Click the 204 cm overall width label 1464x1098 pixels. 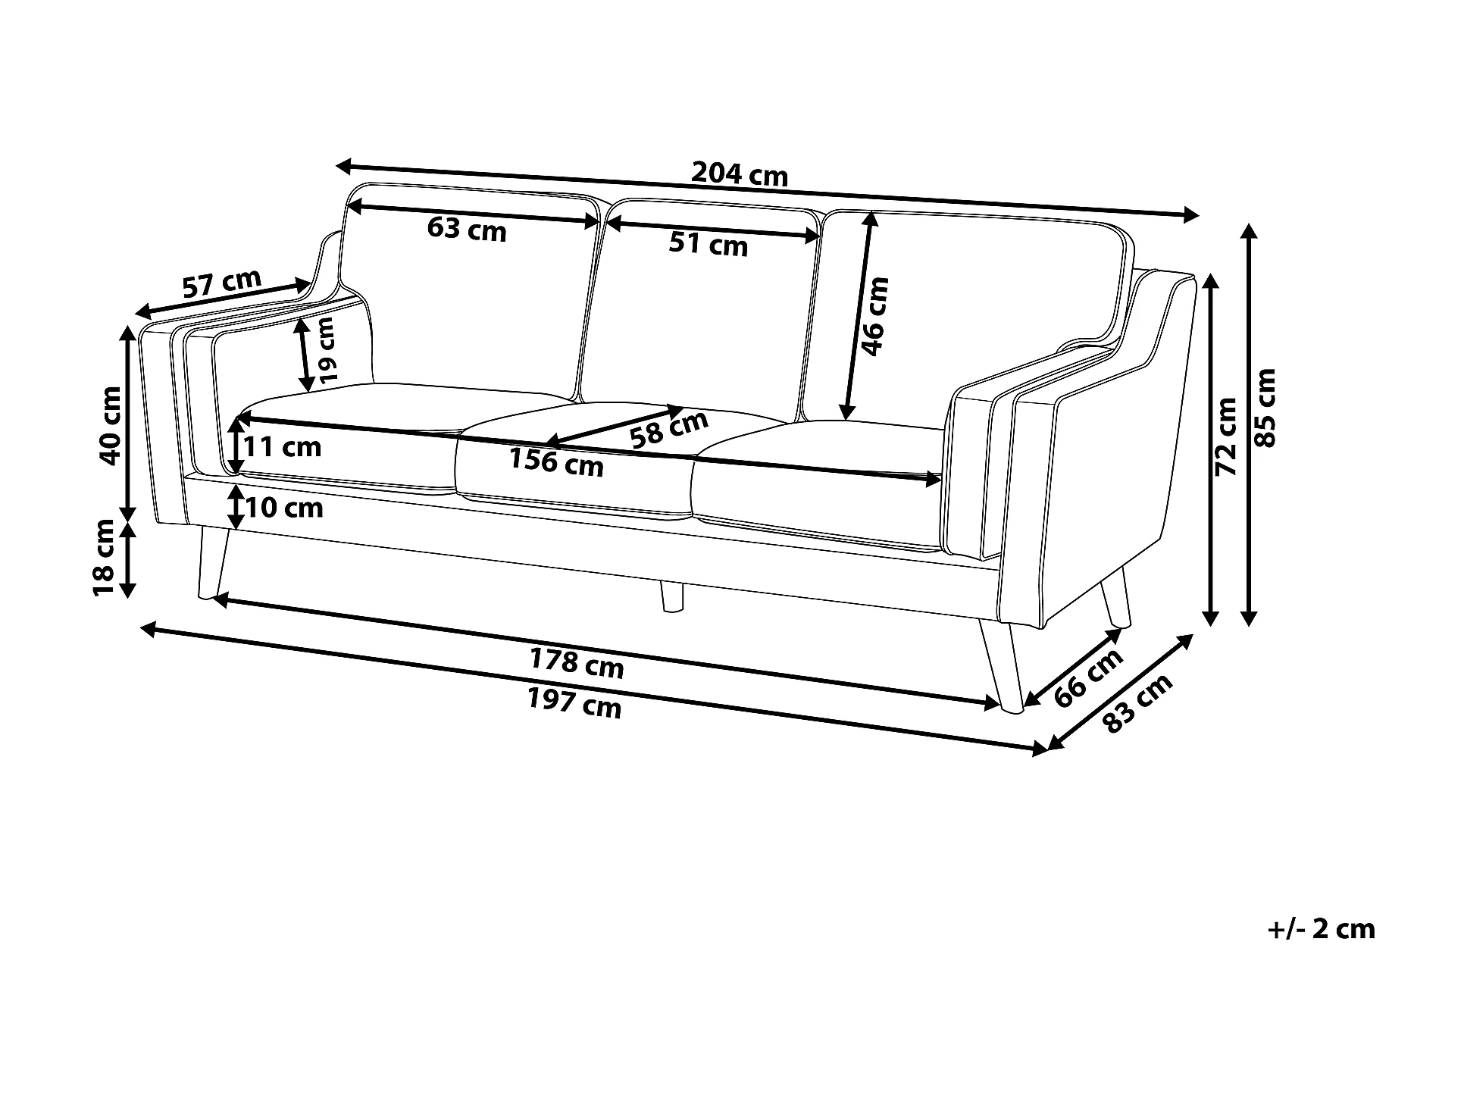[739, 175]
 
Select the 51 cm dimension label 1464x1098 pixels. [708, 243]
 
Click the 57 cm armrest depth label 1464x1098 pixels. [221, 284]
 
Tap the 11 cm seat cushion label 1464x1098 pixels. [282, 446]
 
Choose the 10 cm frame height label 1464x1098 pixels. [283, 507]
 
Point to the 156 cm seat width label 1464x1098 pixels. [555, 461]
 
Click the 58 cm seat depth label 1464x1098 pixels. [668, 430]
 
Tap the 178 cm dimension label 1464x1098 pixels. [576, 664]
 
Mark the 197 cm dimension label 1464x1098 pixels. [574, 705]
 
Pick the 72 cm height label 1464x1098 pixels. [1225, 436]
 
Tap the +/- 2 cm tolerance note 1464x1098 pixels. [1320, 929]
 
